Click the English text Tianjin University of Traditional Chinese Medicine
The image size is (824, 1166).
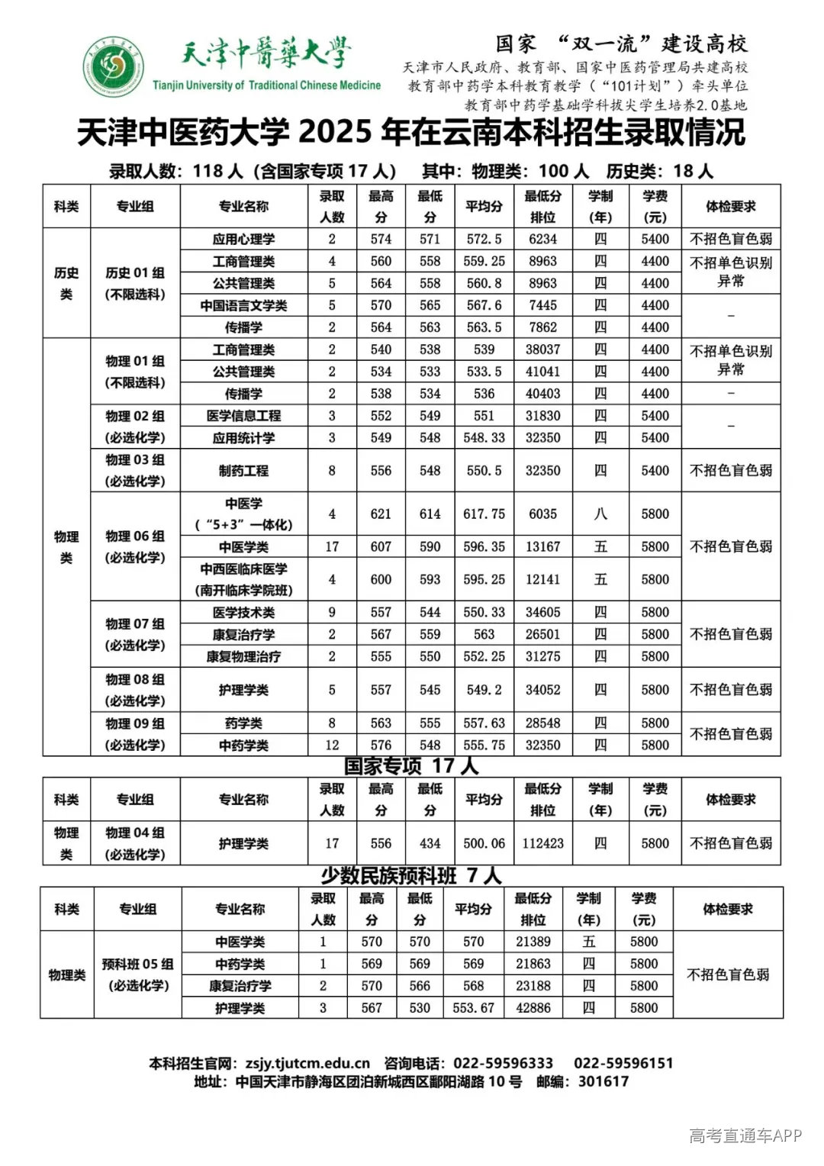tap(266, 85)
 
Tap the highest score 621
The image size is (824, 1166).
tap(381, 514)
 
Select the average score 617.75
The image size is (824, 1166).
tap(484, 514)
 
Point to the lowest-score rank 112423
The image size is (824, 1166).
tap(542, 843)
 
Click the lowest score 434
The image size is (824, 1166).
tap(430, 843)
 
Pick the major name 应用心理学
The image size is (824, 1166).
tap(243, 239)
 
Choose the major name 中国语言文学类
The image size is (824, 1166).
tap(243, 305)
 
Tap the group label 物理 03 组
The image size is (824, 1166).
tap(135, 460)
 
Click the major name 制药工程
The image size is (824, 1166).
tap(243, 471)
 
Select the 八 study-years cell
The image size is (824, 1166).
tap(600, 514)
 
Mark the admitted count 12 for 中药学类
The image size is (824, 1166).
tap(332, 745)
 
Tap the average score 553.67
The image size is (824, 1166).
tap(473, 1008)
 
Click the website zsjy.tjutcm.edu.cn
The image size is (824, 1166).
tap(307, 1063)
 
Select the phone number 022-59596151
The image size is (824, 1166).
tap(623, 1063)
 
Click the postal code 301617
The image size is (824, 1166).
tap(604, 1081)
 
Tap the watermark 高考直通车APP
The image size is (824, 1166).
tap(745, 1135)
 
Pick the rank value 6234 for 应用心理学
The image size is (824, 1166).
tap(542, 239)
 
